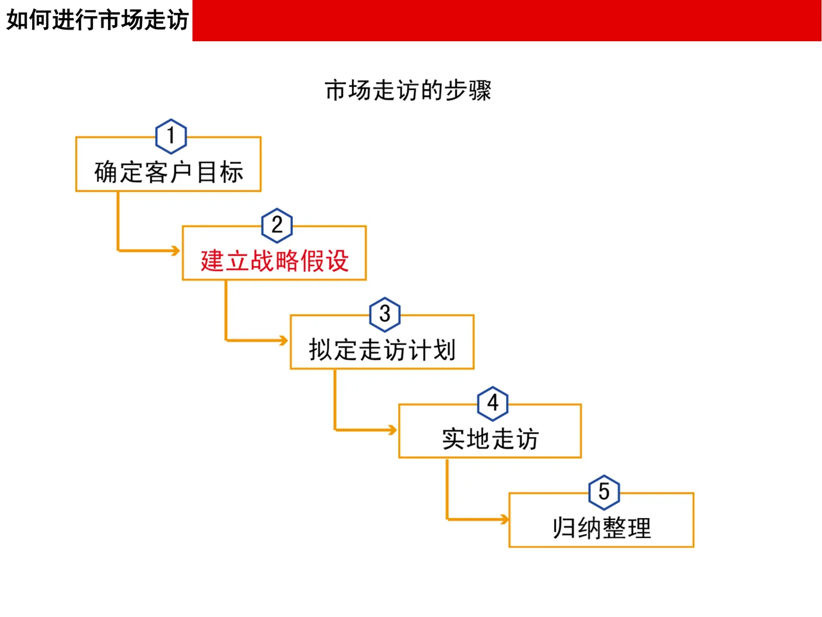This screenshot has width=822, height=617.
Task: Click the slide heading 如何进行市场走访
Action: point(97,20)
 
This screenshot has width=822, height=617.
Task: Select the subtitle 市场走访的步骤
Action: point(408,91)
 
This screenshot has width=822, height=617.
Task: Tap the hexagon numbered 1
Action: point(171,136)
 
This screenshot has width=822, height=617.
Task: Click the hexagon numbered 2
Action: point(277,225)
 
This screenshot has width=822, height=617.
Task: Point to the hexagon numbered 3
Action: point(385,314)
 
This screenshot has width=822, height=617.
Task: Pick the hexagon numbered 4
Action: point(493,403)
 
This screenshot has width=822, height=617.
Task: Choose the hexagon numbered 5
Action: point(604,492)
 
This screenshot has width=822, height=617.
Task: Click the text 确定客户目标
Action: point(169,172)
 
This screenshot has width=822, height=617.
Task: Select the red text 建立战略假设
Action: point(274,261)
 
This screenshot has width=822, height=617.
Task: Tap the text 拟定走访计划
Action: point(382,350)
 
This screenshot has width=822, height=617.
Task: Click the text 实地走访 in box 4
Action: point(490,439)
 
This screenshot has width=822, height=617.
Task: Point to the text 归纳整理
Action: point(602,528)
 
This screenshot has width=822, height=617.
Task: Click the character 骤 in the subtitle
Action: point(480,91)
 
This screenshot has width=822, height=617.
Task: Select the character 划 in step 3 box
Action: point(444,350)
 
